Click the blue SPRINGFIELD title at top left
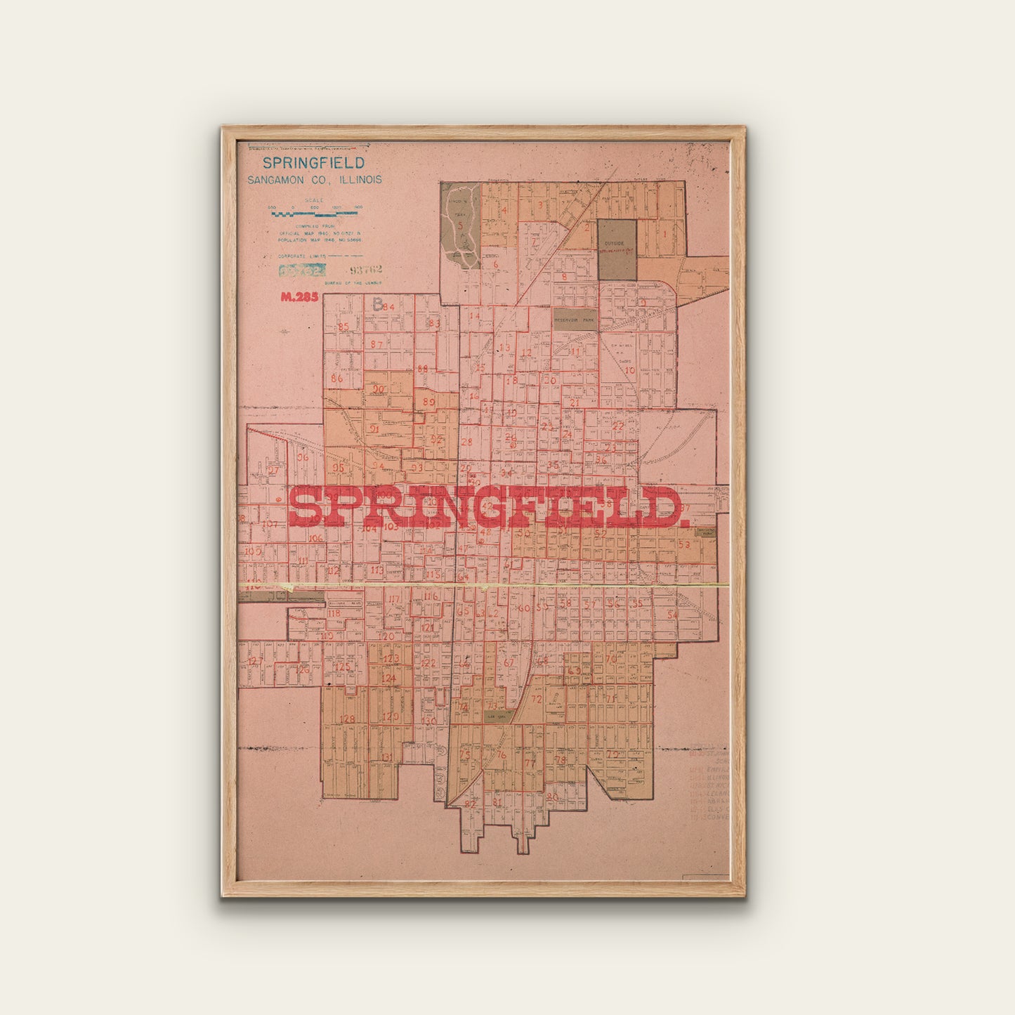click(x=313, y=163)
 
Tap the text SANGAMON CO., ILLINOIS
click(x=314, y=180)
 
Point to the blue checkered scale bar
click(x=315, y=209)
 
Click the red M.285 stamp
click(x=299, y=296)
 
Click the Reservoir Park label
click(x=575, y=320)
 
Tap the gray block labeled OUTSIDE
click(x=617, y=249)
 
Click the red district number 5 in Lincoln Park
click(x=461, y=225)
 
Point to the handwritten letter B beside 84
click(x=378, y=305)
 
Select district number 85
click(x=343, y=327)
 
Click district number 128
click(x=347, y=719)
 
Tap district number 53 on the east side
click(x=683, y=544)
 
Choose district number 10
click(x=629, y=370)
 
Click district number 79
click(x=613, y=754)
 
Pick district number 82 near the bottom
click(x=470, y=804)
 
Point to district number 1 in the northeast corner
click(x=664, y=234)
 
